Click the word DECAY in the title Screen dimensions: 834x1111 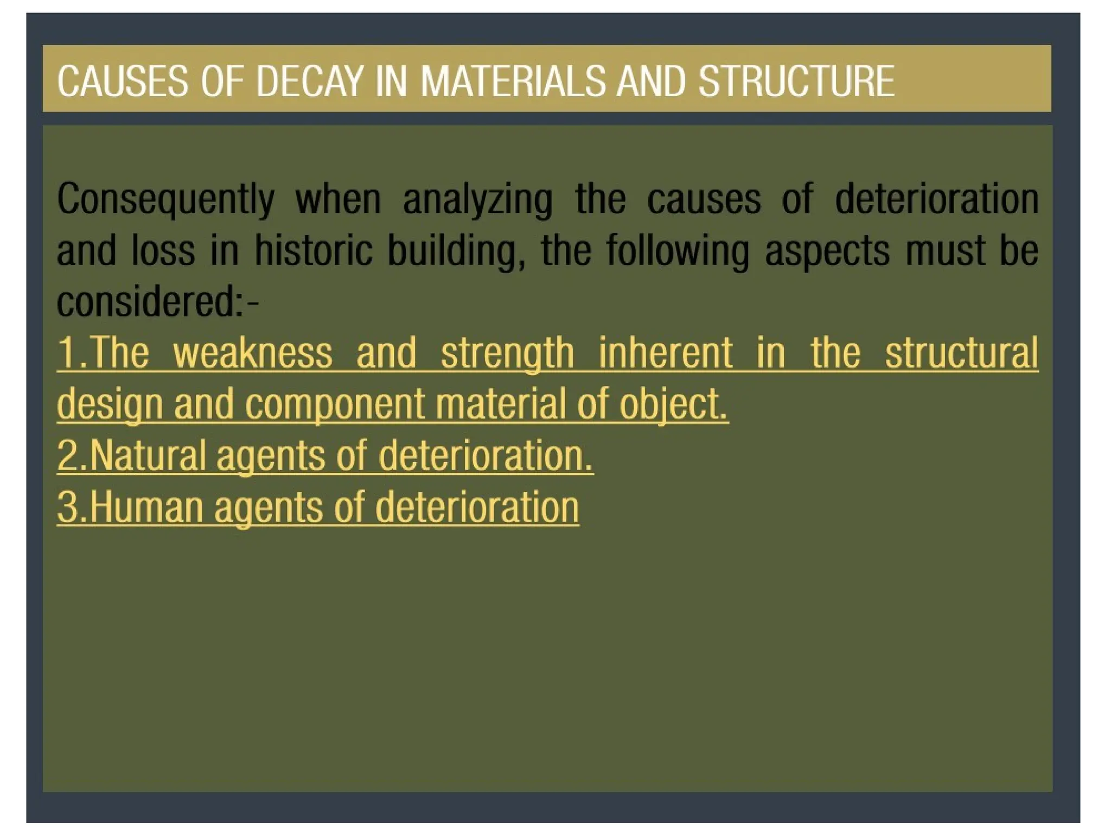309,81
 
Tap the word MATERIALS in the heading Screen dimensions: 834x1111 513,81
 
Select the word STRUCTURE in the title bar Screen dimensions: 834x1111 796,81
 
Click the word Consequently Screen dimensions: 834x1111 165,199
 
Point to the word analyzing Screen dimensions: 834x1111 477,199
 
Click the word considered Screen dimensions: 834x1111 150,302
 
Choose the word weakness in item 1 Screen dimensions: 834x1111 252,353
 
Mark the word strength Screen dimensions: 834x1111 507,353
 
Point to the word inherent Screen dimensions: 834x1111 666,353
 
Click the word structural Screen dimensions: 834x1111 962,353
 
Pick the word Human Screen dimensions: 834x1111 146,507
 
